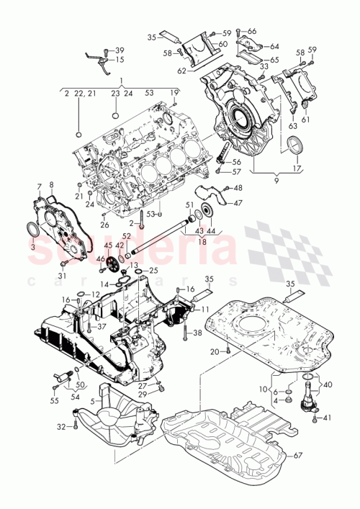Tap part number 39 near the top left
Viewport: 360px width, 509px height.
point(120,49)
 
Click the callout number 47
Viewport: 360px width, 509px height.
point(238,204)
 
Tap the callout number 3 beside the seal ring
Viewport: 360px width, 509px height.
point(32,245)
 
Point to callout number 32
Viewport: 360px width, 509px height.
point(63,427)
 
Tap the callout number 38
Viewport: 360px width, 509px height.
point(197,333)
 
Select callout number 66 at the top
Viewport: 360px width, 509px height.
point(251,32)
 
